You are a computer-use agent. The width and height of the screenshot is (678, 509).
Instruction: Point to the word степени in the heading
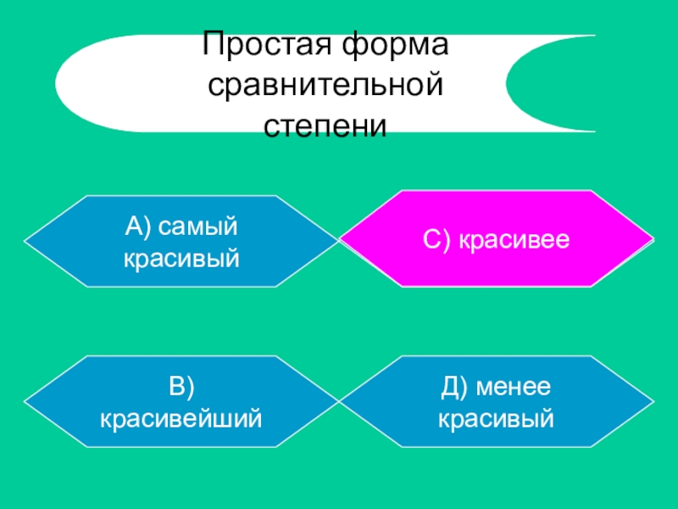click(326, 126)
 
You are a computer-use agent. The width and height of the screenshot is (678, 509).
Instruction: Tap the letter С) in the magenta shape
click(439, 241)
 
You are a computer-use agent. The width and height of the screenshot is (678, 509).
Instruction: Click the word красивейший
click(181, 417)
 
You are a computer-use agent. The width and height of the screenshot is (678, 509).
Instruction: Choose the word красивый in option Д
click(496, 417)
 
